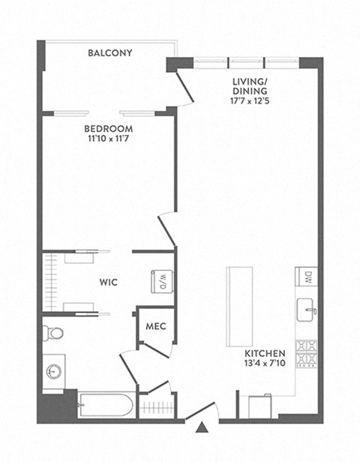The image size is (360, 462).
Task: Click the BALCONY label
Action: (109, 53)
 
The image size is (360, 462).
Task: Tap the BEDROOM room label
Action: (109, 128)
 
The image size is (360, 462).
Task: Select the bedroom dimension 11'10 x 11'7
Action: (109, 139)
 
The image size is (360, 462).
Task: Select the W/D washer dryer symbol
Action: (163, 282)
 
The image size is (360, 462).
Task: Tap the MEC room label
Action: (155, 326)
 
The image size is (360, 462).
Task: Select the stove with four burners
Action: (307, 353)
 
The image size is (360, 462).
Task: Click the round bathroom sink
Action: (53, 371)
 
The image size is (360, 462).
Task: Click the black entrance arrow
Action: (201, 428)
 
